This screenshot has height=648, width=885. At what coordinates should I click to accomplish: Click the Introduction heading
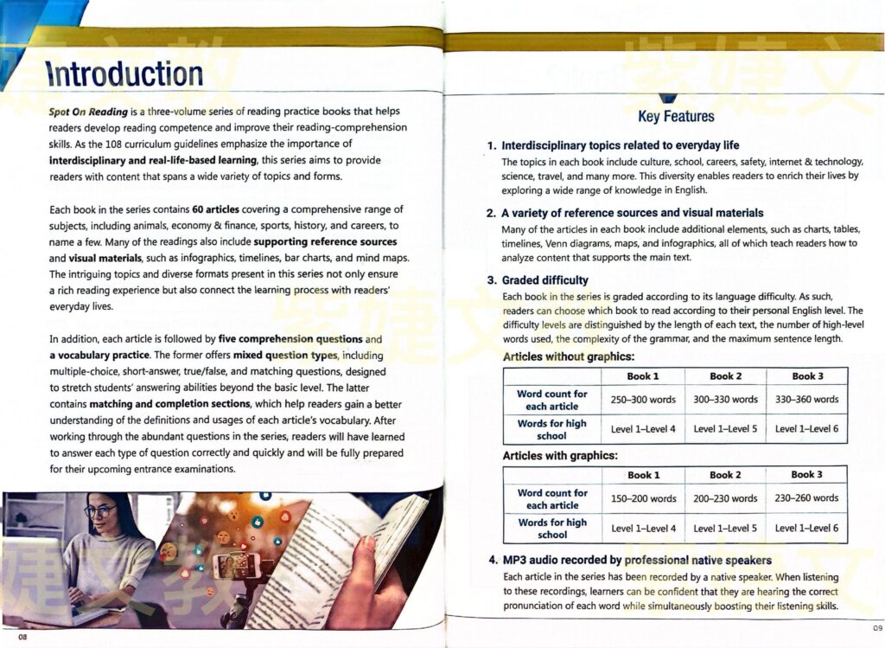coord(124,73)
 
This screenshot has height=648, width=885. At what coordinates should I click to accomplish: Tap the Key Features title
coord(676,116)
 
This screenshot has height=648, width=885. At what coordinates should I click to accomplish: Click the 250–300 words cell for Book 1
coord(643,400)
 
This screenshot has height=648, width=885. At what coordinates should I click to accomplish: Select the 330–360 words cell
coord(806,400)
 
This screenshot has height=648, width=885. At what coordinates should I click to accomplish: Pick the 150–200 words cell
coord(643,498)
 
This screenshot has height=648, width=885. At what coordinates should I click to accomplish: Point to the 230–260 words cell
coord(806,498)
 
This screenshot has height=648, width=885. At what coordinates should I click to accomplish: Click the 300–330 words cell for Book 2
coord(725,400)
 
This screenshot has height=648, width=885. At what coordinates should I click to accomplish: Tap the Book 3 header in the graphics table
coord(806,475)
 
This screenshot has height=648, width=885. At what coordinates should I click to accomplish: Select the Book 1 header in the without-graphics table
coord(643,376)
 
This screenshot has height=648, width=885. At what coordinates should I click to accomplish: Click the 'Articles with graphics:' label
coord(560,456)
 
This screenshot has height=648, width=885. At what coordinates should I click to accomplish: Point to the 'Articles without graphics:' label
coord(569,356)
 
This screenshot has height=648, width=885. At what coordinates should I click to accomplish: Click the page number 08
coord(23,637)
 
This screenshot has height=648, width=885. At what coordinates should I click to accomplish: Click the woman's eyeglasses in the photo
coord(100,511)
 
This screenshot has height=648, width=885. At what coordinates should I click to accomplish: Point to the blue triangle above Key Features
coord(666,97)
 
